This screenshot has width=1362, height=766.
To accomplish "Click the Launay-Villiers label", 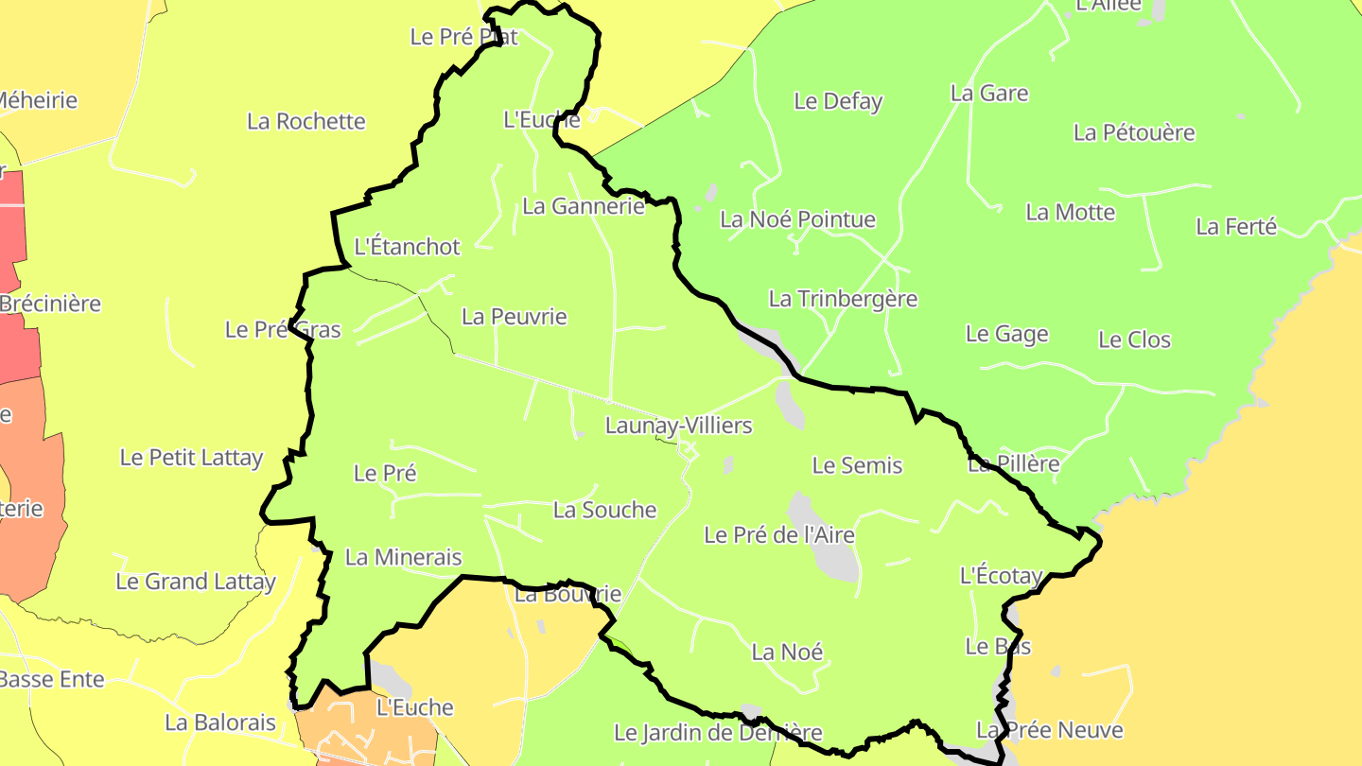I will coord(678,426).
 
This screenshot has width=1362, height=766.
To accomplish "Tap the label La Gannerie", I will coord(583,206).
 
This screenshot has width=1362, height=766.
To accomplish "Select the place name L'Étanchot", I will coord(407,247).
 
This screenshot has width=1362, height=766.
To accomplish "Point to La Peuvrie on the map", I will coord(514,317).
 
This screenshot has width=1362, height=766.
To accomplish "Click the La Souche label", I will coord(604,511).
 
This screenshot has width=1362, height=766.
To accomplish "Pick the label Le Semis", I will coord(857,465).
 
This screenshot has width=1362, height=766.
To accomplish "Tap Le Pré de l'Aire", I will coord(778,535).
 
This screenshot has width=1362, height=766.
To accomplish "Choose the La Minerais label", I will coord(403,557).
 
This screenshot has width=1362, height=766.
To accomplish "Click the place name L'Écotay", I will coord(1001,575).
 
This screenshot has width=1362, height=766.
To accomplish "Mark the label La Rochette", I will coord(306,122).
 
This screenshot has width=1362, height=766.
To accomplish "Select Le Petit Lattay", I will coord(191,458).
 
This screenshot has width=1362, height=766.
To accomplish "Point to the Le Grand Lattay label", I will coord(195,582).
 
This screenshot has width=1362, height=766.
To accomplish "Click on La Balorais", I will coord(220,723).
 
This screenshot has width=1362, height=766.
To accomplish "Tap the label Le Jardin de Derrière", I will coord(718,733).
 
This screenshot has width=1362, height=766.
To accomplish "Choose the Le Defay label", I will coord(838,101).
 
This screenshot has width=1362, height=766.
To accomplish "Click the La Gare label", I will coord(989,94).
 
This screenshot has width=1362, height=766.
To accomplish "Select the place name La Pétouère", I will coord(1134,132).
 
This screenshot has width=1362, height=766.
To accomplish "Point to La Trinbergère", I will coord(843,300).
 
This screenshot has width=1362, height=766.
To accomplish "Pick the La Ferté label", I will coord(1236,227).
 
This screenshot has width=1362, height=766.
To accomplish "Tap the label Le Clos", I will coord(1134,340).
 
